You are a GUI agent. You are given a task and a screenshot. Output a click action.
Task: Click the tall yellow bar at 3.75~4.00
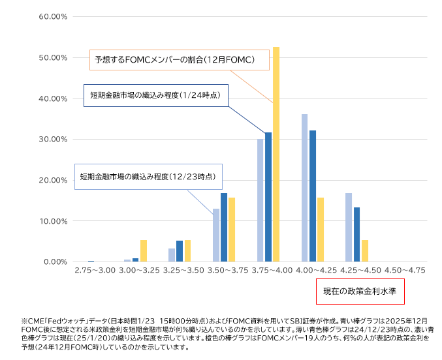[x=276, y=155]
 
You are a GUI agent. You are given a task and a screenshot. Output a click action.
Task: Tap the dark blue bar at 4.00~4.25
[x=313, y=196]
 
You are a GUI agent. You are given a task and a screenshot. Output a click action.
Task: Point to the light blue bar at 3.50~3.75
[x=216, y=235]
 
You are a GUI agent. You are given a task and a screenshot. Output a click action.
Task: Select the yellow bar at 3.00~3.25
[x=144, y=250]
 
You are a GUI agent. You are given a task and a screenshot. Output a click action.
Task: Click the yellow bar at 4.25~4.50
[x=365, y=250]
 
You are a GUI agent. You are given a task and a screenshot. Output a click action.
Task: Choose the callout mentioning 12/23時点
[x=148, y=176]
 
